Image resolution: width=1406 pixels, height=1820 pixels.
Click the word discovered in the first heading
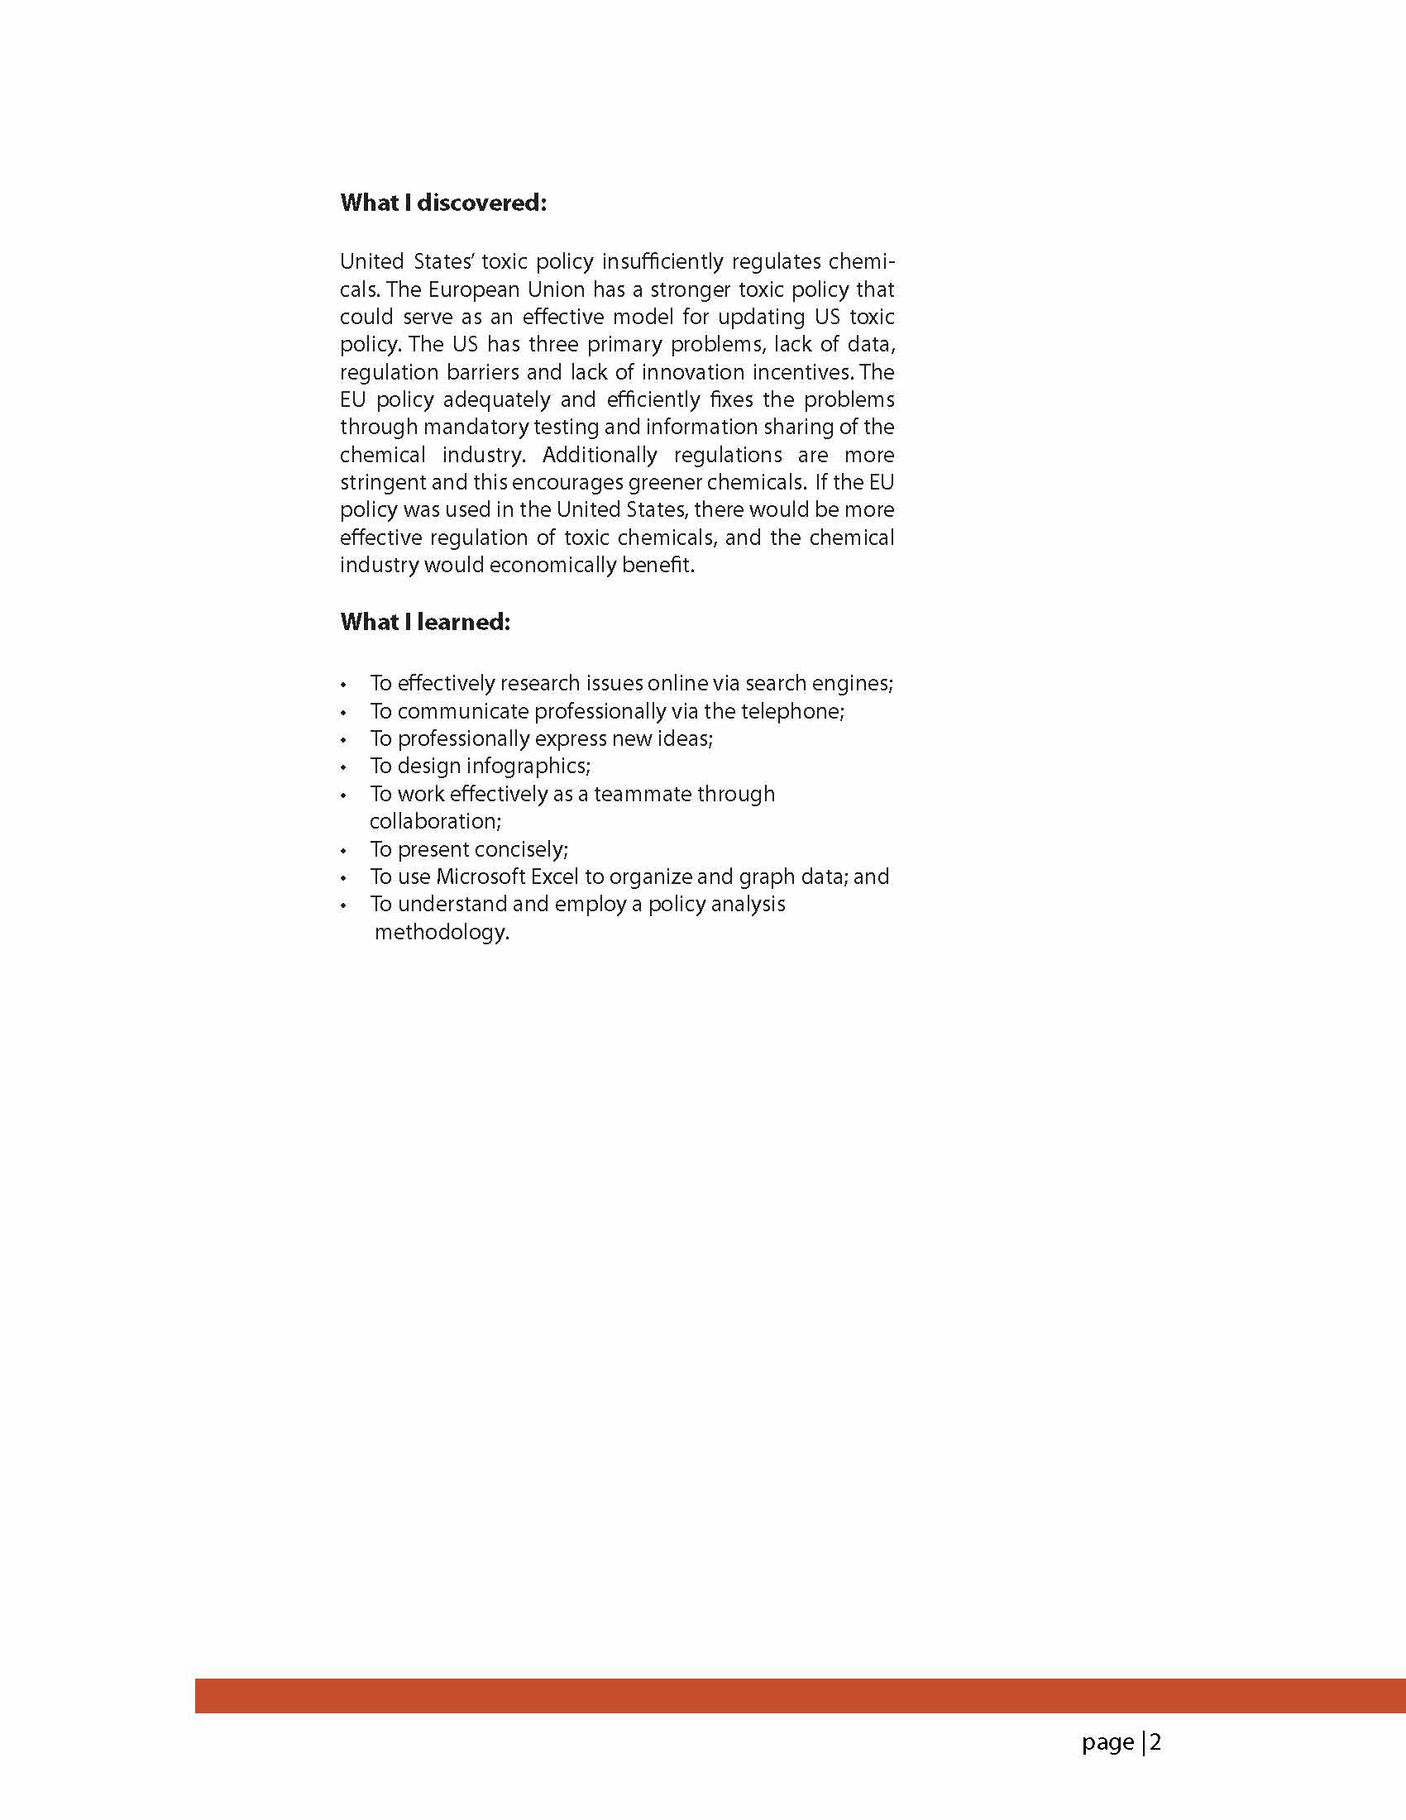[481, 203]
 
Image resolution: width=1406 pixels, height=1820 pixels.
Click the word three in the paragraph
[553, 344]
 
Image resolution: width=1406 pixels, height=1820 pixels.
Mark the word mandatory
[475, 427]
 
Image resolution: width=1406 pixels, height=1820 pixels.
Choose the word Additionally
[600, 455]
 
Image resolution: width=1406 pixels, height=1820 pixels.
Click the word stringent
[382, 483]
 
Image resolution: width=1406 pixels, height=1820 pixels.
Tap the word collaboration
[435, 822]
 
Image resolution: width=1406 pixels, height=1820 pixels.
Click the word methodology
[442, 932]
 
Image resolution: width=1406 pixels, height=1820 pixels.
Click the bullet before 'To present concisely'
[343, 851]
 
